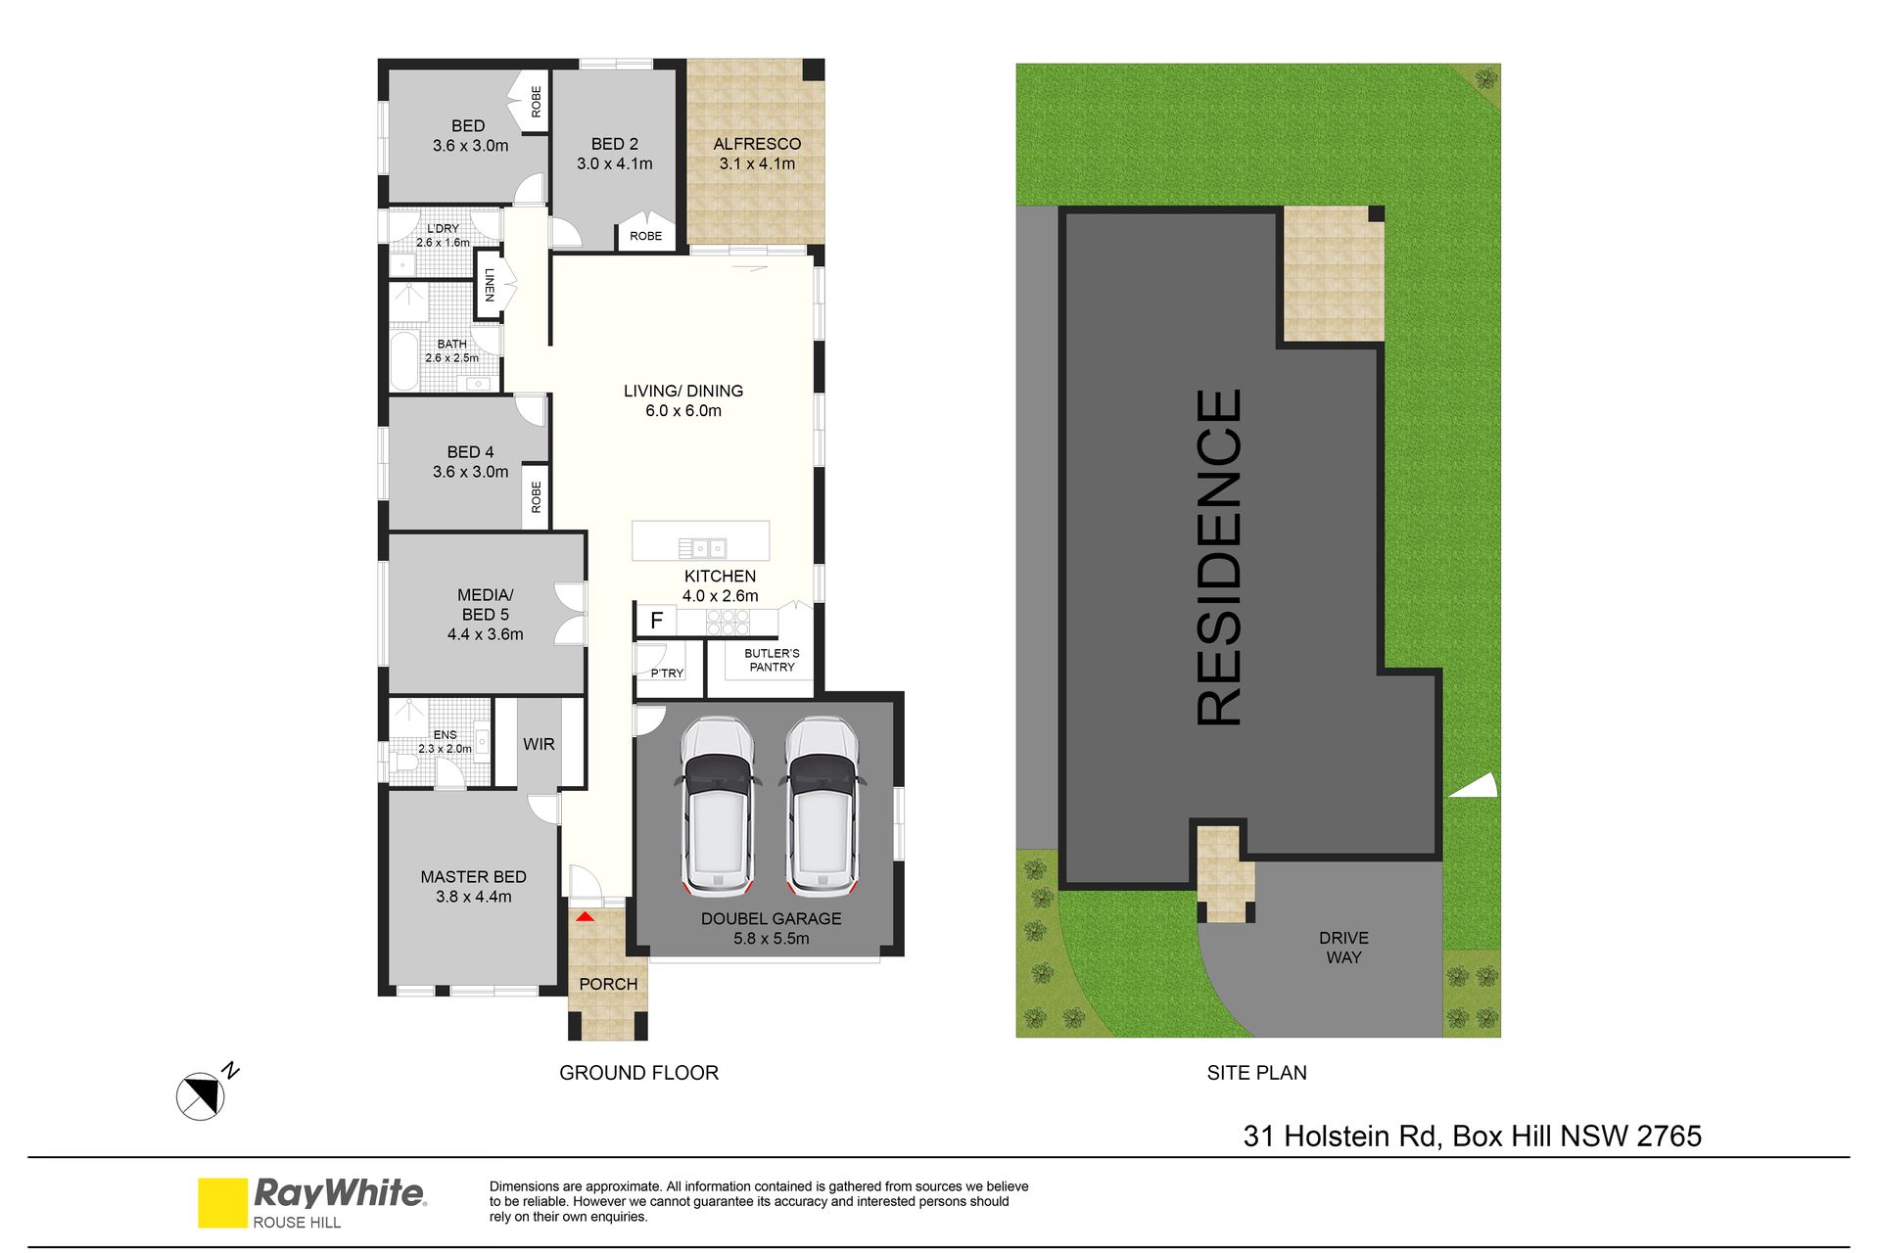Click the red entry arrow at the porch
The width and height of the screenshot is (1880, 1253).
(x=585, y=917)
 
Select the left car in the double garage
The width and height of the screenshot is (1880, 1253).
(x=718, y=808)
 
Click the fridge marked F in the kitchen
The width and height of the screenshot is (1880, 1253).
(x=657, y=620)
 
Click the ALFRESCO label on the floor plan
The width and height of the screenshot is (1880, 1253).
(x=757, y=144)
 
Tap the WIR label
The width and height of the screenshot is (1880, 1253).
(x=539, y=745)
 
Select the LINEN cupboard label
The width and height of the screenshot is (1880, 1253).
(x=490, y=285)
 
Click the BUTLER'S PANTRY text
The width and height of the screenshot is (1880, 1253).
(x=772, y=660)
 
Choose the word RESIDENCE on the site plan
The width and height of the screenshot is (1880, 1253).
(x=1220, y=557)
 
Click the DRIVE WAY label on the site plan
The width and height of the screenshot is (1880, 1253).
(x=1343, y=948)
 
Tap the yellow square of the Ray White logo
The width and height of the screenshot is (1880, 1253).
(x=222, y=1202)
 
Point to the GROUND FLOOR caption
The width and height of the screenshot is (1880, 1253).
(x=638, y=1073)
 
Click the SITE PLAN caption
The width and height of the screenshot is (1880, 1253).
(x=1256, y=1073)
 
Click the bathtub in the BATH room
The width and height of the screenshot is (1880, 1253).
(x=403, y=362)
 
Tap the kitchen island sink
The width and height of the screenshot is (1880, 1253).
(x=702, y=548)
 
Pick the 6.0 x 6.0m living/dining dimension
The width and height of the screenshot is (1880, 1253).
(x=683, y=411)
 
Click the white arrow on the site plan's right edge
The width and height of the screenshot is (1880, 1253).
(x=1475, y=785)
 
